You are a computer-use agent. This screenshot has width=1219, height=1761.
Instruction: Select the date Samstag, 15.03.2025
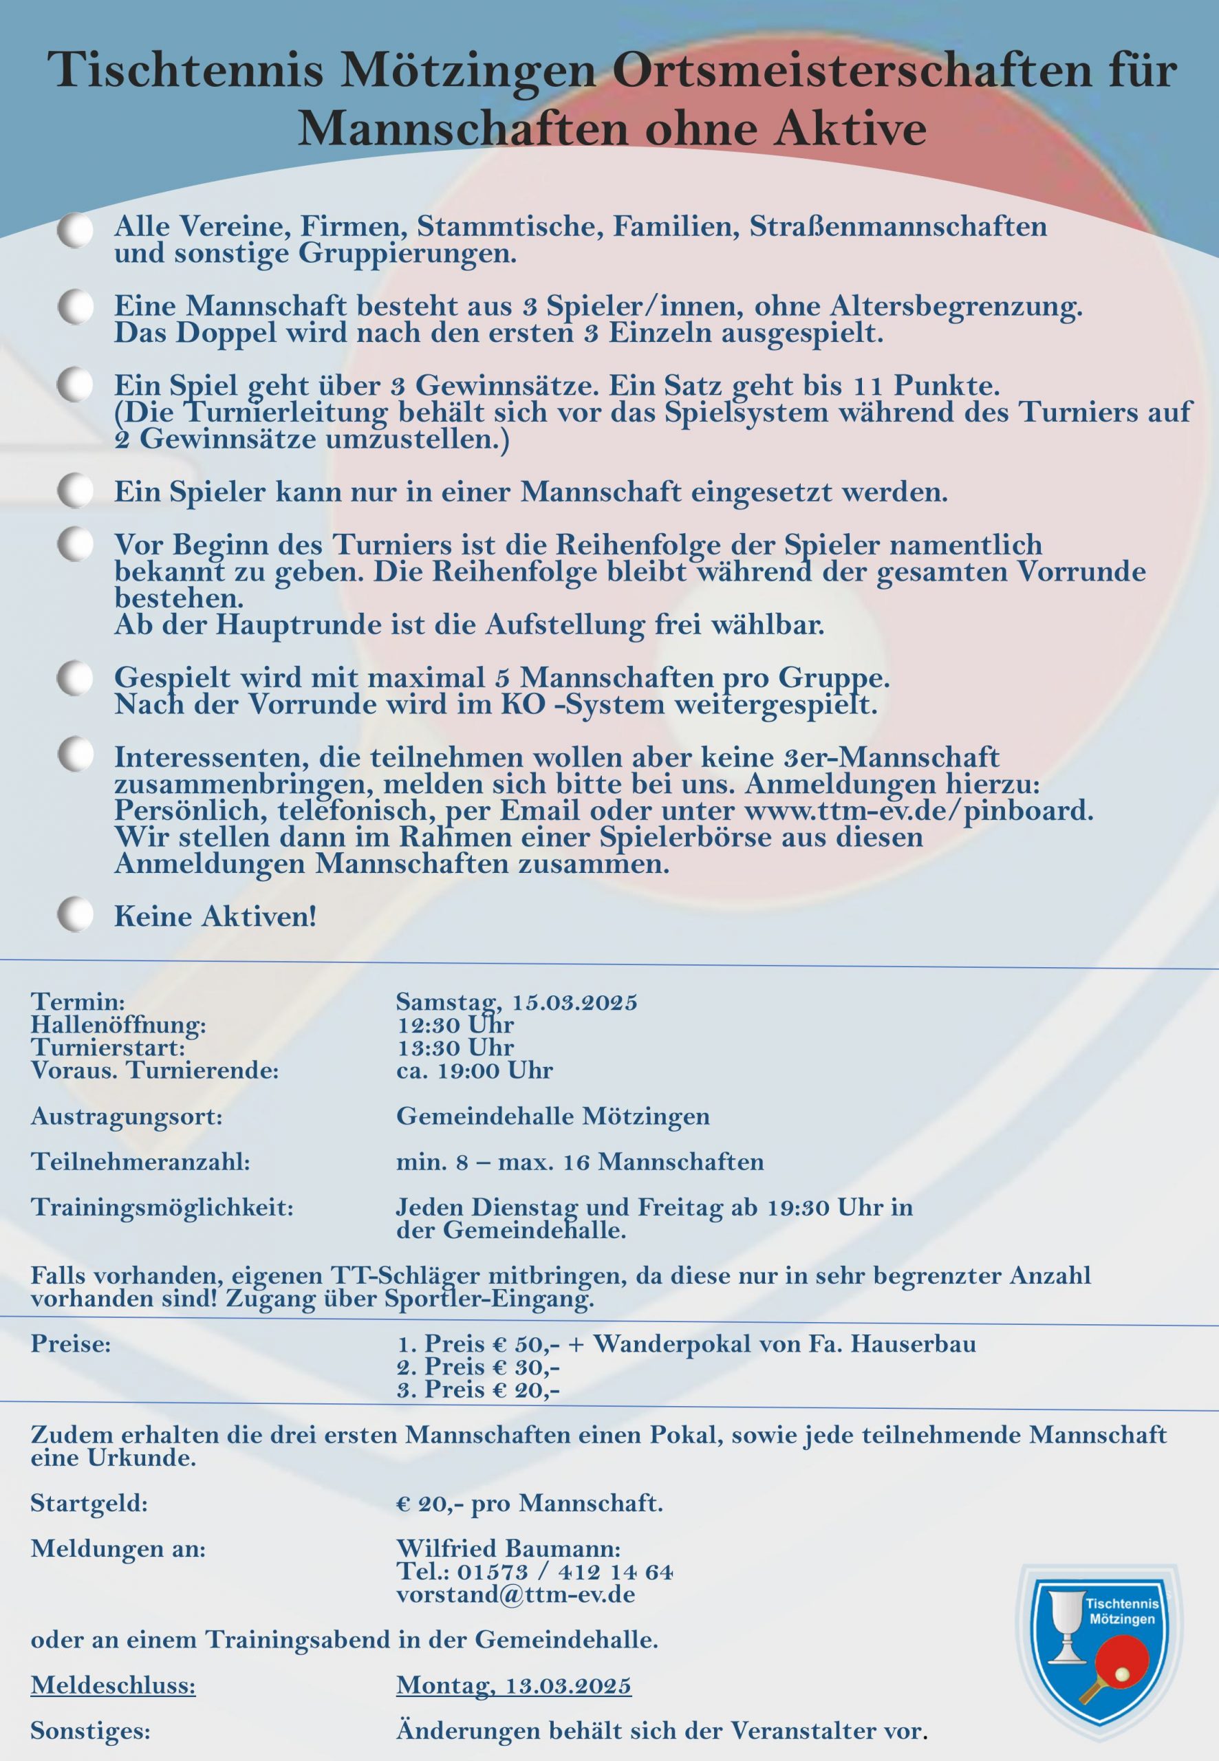point(517,1001)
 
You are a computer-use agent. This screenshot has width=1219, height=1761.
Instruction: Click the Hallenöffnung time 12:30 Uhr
point(455,1024)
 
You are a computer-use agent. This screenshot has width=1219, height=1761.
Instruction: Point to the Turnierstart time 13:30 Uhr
point(455,1047)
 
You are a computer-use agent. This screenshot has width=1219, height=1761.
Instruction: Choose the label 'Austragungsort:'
point(126,1116)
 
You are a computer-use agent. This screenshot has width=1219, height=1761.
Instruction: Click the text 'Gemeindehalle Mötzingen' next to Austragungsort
point(552,1116)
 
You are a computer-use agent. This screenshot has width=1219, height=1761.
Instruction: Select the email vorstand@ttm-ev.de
point(515,1595)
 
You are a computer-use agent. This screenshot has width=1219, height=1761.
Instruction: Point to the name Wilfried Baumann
point(508,1548)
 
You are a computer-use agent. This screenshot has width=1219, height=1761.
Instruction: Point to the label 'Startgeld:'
point(89,1503)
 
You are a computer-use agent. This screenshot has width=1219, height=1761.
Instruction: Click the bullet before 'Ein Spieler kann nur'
point(75,490)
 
